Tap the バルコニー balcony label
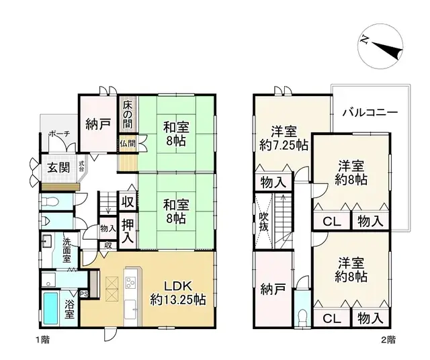369,112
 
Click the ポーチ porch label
58,134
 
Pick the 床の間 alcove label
128,115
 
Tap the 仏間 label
128,143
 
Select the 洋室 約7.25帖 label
284,137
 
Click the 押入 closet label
128,229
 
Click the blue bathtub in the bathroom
51,307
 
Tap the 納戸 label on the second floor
273,289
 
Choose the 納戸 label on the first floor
98,124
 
